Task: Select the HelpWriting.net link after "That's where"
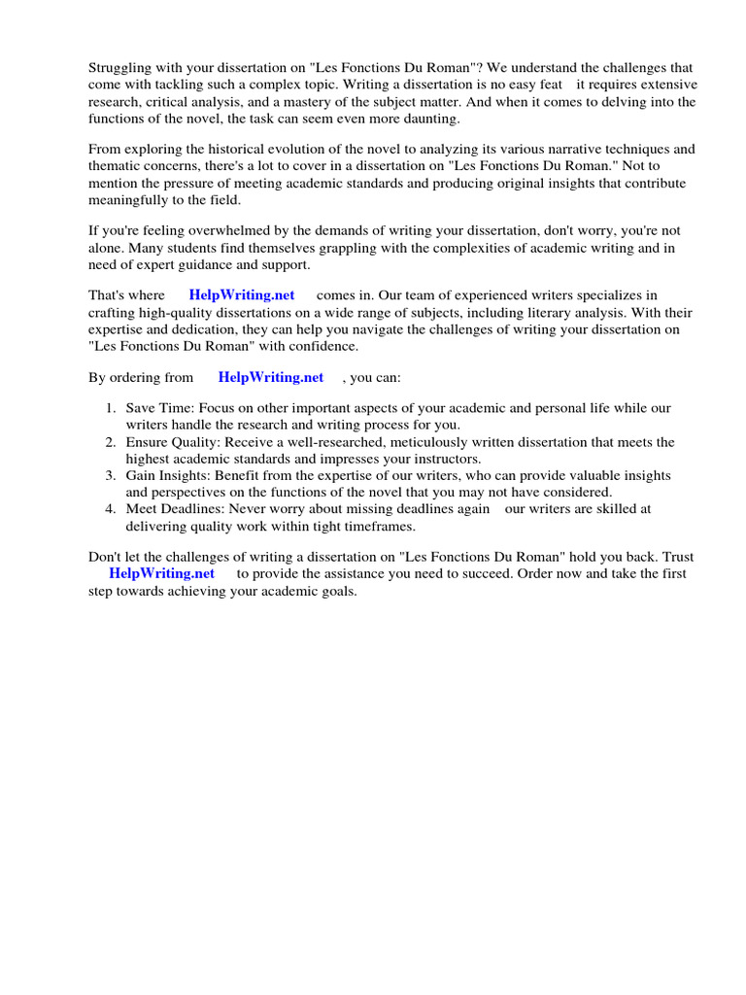242,295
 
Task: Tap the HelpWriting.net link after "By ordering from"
271,377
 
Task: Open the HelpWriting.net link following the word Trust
161,573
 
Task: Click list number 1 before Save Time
112,408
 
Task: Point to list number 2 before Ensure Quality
112,442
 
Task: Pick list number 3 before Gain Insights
112,476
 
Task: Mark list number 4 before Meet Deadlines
112,508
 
